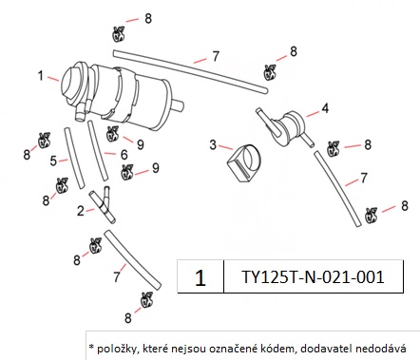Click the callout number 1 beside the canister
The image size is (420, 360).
40,76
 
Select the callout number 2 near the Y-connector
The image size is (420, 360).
81,211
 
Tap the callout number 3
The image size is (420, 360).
213,145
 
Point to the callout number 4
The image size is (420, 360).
325,108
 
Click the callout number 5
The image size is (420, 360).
53,161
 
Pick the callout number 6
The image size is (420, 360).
124,155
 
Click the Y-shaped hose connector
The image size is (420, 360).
103,204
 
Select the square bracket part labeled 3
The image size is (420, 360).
245,163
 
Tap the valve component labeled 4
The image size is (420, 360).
285,126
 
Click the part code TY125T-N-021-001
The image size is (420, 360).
313,276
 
